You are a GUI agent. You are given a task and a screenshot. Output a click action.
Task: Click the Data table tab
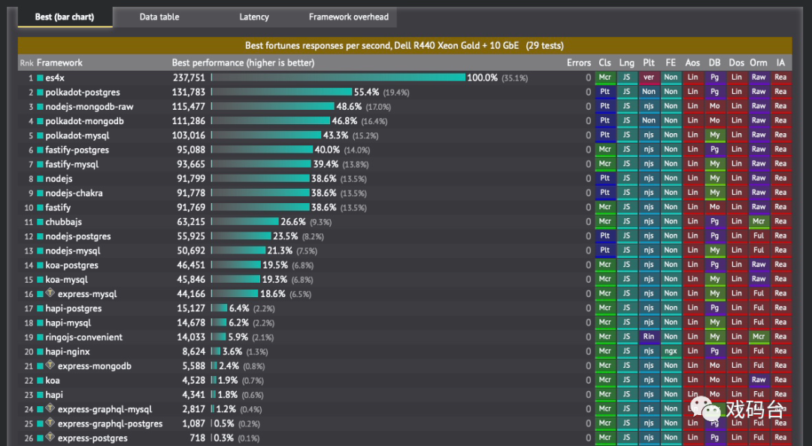click(x=159, y=17)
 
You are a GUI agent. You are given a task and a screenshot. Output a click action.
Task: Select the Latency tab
click(x=253, y=17)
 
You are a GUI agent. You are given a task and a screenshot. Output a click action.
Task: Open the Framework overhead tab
click(x=349, y=17)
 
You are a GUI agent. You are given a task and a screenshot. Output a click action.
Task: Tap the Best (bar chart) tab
click(x=65, y=17)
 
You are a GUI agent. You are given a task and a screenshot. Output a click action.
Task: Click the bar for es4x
click(x=338, y=77)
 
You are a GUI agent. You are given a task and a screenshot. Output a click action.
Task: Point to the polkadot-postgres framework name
click(x=82, y=93)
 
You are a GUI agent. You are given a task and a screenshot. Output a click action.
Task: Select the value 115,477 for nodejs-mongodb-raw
click(x=188, y=107)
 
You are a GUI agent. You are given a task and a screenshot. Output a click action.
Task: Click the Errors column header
click(x=579, y=63)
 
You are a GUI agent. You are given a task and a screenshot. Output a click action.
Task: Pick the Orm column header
click(x=759, y=63)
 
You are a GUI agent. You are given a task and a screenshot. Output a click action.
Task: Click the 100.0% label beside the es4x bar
click(x=482, y=77)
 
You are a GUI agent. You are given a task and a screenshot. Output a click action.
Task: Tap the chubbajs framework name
click(x=63, y=222)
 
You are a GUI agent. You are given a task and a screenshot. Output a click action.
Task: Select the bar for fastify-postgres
click(x=262, y=150)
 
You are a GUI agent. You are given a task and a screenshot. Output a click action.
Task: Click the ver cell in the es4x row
click(x=649, y=77)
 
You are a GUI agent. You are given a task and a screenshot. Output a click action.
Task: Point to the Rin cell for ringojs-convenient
click(x=649, y=337)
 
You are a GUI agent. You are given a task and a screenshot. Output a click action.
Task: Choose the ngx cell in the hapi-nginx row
click(x=671, y=351)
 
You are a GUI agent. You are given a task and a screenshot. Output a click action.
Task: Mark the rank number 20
click(x=29, y=352)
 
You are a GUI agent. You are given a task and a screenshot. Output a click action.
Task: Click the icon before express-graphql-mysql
click(x=50, y=408)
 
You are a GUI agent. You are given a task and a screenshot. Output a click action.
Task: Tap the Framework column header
click(x=59, y=63)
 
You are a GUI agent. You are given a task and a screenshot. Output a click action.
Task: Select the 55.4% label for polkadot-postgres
click(x=366, y=93)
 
